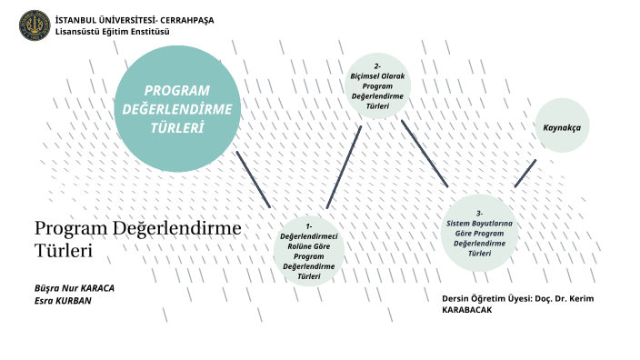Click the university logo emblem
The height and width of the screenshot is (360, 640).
pyautogui.click(x=35, y=25)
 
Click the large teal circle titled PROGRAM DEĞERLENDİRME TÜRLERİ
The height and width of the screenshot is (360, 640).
pyautogui.click(x=177, y=108)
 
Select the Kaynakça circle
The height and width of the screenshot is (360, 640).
pyautogui.click(x=562, y=125)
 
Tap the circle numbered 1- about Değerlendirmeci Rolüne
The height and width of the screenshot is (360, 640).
pyautogui.click(x=309, y=252)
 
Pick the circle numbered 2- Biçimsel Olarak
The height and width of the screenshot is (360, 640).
pyautogui.click(x=377, y=86)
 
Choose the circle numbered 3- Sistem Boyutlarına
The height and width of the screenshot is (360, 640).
pyautogui.click(x=479, y=233)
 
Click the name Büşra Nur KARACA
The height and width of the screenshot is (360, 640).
pyautogui.click(x=75, y=287)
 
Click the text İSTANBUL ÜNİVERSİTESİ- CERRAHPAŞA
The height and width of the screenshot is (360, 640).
pyautogui.click(x=135, y=20)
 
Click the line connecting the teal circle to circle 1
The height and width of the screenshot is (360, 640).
pyautogui.click(x=254, y=179)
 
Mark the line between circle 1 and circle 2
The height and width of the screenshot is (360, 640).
pyautogui.click(x=345, y=167)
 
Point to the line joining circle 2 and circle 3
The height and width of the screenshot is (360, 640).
pyautogui.click(x=425, y=154)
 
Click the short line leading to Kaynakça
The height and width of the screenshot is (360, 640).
pyautogui.click(x=525, y=173)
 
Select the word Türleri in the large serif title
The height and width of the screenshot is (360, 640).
pyautogui.click(x=64, y=248)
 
